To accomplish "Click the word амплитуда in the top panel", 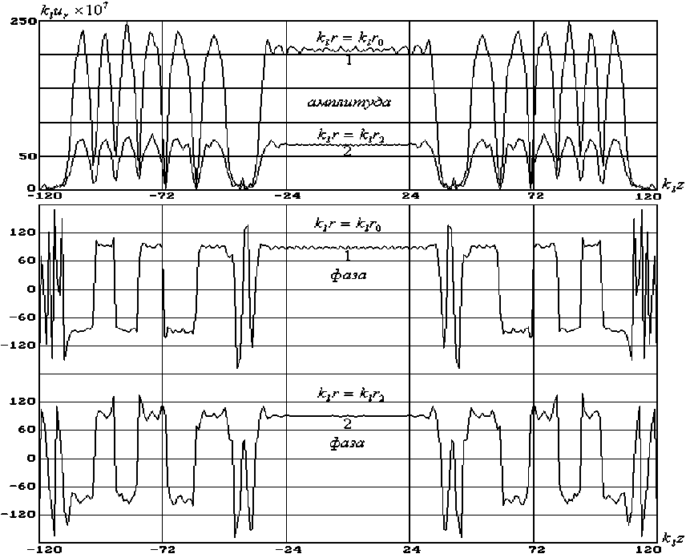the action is click(349, 103).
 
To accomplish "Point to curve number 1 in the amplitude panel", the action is click(349, 60).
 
